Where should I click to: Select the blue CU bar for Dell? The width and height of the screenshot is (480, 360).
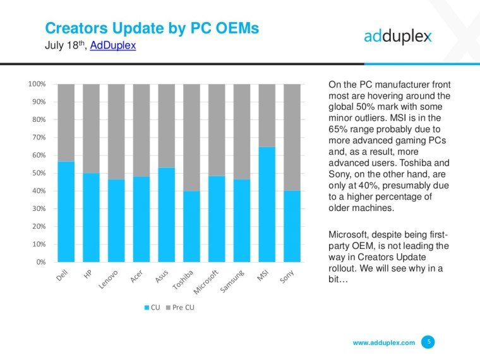[x=66, y=212]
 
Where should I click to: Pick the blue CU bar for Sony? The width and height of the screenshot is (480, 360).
[x=292, y=226]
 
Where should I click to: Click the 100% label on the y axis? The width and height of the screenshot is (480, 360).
[x=36, y=84]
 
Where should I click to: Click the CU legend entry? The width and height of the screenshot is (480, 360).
[x=152, y=308]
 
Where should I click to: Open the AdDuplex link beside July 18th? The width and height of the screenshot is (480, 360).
[x=113, y=45]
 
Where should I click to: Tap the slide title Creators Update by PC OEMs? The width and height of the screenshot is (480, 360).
[x=152, y=28]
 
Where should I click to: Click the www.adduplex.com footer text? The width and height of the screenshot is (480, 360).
[x=383, y=343]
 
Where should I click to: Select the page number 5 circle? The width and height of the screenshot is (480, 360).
[x=429, y=342]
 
